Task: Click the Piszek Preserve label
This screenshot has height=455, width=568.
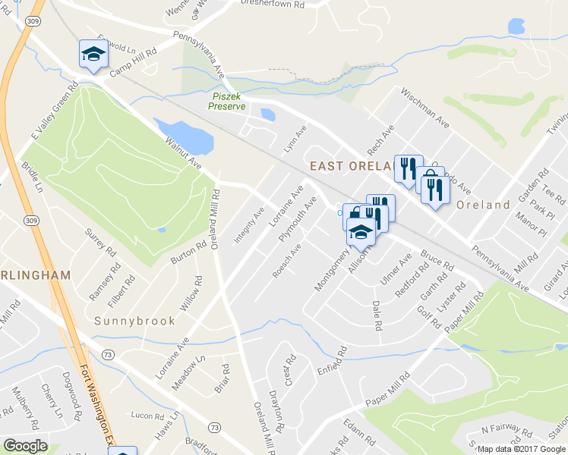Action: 228,101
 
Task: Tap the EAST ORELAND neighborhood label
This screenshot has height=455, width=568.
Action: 349,166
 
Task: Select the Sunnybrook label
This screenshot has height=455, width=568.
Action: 134,321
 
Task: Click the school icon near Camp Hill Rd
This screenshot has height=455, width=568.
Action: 93,53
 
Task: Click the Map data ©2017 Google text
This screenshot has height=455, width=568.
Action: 522,449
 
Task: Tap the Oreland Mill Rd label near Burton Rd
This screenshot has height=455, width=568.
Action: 215,219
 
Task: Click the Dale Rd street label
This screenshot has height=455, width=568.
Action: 377,315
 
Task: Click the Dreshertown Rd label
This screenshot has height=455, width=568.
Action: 273,3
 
